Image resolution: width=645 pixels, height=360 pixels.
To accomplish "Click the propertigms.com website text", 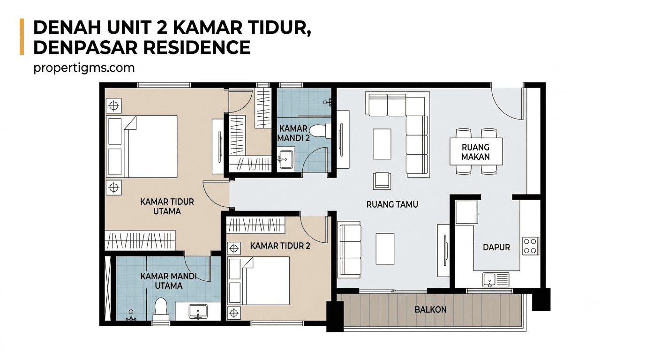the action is (x=84, y=68).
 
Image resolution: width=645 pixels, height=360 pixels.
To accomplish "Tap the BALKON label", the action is (x=430, y=309).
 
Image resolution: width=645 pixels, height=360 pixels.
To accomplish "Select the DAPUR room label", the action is (x=496, y=247).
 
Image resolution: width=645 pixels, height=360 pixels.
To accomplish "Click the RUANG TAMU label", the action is (x=392, y=204).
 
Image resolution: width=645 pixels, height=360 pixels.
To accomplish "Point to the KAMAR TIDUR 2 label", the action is (x=280, y=246).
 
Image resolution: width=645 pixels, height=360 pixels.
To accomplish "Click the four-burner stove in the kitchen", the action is (x=531, y=246).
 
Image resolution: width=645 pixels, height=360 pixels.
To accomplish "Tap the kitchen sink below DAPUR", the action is (x=496, y=280).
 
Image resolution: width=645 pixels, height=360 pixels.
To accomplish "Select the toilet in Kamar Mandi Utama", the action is (x=161, y=309).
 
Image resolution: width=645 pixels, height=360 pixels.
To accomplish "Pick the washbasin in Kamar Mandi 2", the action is (x=285, y=159).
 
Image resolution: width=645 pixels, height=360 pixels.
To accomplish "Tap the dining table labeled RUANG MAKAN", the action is (x=476, y=152).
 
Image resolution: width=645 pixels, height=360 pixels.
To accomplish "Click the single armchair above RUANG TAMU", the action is (x=382, y=181).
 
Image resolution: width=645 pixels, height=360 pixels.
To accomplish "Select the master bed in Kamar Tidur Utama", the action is (x=142, y=146).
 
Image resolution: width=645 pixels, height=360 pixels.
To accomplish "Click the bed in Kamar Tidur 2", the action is (x=259, y=281).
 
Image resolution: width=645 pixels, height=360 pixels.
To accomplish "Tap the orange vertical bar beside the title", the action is (x=22, y=37).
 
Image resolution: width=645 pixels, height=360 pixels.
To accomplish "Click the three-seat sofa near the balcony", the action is (x=350, y=250).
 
